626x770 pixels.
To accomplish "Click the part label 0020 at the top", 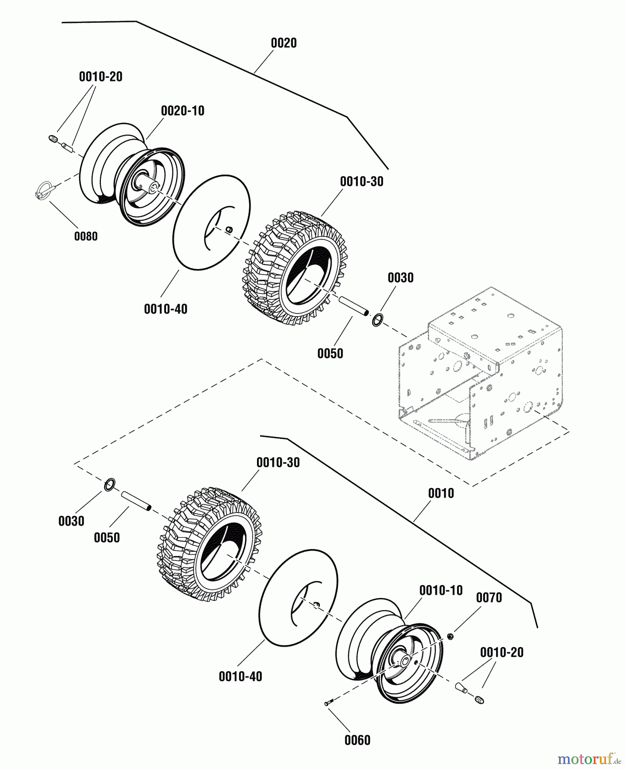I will [x=283, y=43].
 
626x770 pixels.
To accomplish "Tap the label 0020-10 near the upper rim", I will [x=183, y=111].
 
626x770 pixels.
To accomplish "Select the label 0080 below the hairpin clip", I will [x=86, y=236].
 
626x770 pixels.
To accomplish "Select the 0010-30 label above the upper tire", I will [x=362, y=181].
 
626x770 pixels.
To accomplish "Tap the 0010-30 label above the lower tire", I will [x=278, y=462].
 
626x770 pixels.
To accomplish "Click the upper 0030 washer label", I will [x=400, y=278].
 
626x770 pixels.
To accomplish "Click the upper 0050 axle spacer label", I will [x=330, y=353].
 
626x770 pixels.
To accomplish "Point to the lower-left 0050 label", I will [x=107, y=537].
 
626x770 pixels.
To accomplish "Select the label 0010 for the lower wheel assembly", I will [x=441, y=493].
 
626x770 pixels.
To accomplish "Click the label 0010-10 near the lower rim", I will [x=441, y=590].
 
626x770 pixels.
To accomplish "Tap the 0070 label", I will [x=489, y=598].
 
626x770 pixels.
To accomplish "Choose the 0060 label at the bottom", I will [x=357, y=740].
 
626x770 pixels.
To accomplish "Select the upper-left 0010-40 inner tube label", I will [x=165, y=309].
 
